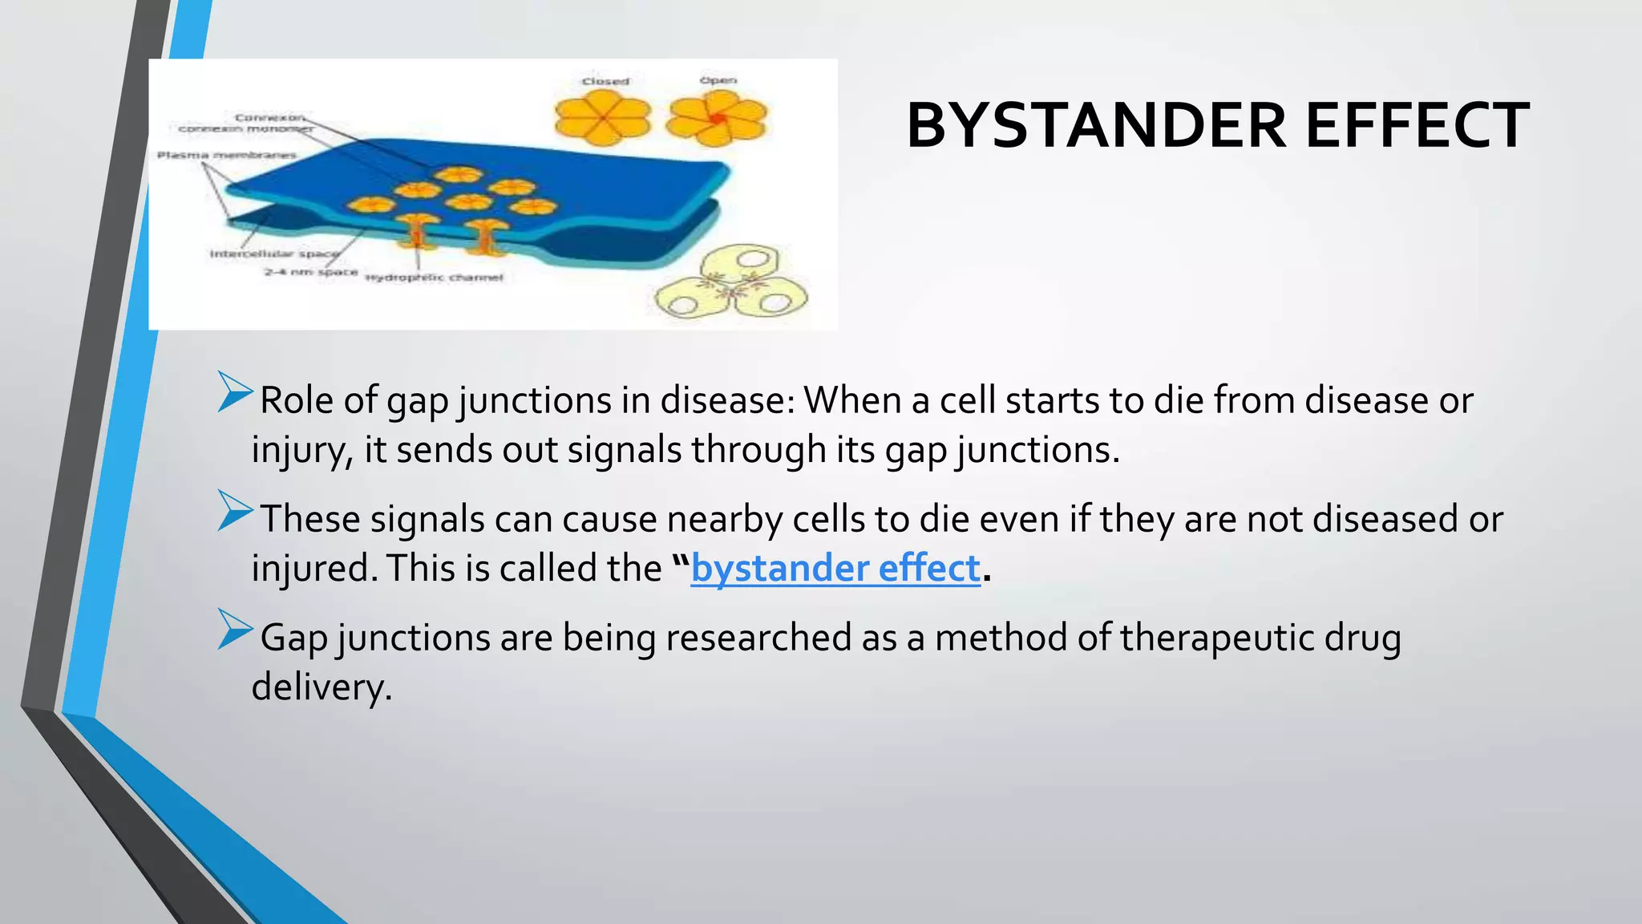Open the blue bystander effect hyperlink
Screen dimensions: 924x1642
835,569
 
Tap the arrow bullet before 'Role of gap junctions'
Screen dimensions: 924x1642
234,392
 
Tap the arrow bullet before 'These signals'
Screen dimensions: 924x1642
234,511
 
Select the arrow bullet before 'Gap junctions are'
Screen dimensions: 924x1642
234,630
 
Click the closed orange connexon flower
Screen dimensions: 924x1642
601,118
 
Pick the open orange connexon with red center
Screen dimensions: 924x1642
717,118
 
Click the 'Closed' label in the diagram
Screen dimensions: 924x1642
605,81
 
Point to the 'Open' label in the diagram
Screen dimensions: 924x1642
718,80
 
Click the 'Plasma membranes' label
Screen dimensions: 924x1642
226,155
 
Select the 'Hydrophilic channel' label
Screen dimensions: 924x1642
435,278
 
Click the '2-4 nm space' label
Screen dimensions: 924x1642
310,272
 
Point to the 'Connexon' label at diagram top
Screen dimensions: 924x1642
269,117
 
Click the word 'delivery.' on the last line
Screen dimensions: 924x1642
322,687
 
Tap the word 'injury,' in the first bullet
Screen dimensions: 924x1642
302,450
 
